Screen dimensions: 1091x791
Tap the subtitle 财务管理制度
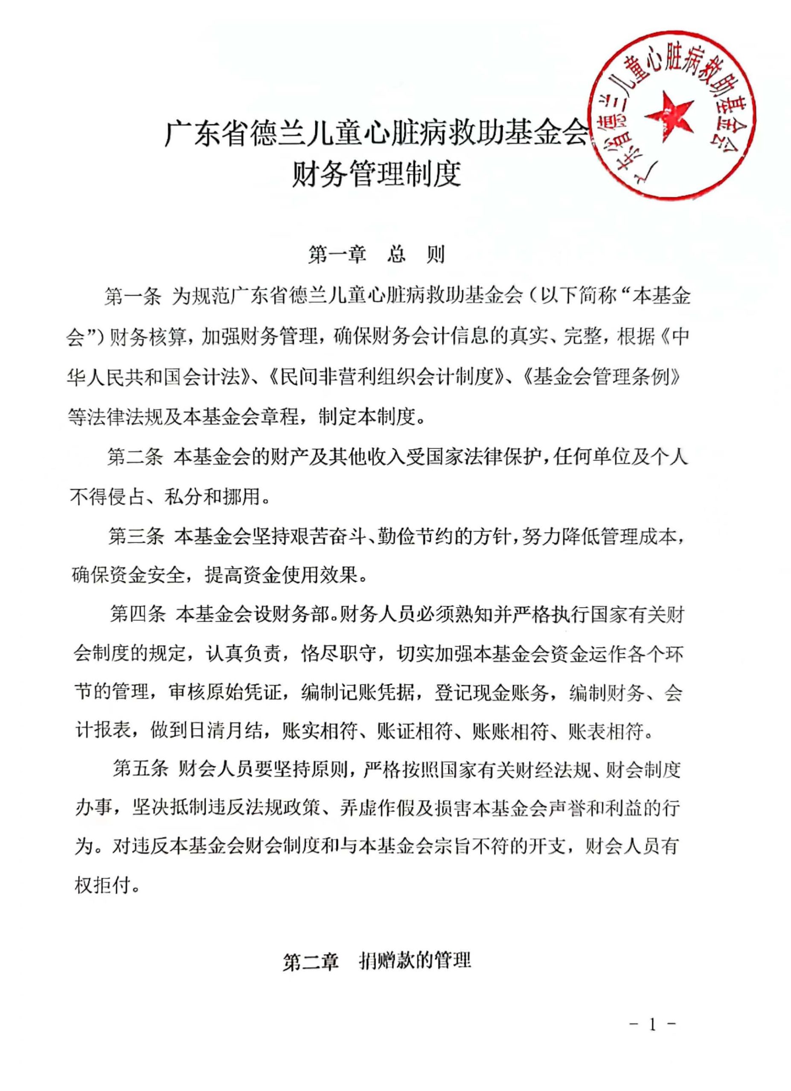click(376, 174)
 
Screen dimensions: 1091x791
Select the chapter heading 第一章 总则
click(376, 255)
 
